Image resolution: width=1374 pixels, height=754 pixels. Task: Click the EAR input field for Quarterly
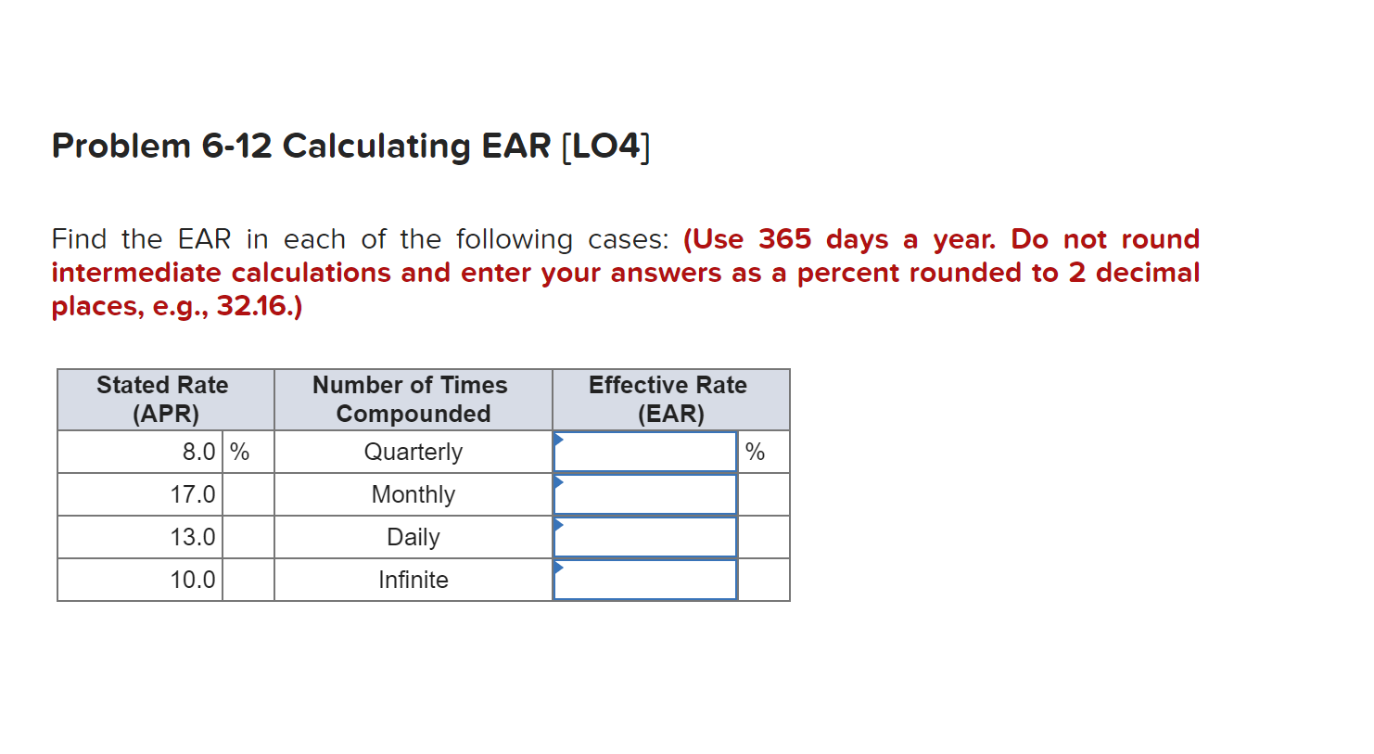[x=644, y=453]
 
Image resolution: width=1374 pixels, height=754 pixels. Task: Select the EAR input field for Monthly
[x=644, y=494]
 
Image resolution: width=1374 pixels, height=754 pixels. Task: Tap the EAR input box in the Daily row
[x=644, y=537]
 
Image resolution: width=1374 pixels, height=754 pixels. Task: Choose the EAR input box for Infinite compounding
[x=644, y=580]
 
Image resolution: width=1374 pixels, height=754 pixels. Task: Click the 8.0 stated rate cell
[x=198, y=453]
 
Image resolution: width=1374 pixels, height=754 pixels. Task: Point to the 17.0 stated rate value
[x=193, y=494]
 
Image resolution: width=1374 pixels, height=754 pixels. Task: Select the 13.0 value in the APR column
[x=193, y=537]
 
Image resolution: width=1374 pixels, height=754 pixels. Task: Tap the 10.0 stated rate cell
[x=193, y=580]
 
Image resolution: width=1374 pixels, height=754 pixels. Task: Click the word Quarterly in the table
[x=413, y=453]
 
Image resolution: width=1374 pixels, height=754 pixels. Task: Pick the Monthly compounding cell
[x=413, y=495]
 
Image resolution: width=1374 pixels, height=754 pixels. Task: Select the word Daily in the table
[x=413, y=538]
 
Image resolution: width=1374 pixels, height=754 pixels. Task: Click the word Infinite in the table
[x=413, y=580]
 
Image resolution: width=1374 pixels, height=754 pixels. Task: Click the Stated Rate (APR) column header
[x=163, y=400]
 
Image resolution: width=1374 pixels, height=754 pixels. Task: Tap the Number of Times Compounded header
[x=411, y=400]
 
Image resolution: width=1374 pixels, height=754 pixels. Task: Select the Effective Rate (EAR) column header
[x=668, y=400]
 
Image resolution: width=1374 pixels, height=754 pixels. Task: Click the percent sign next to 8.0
[x=240, y=453]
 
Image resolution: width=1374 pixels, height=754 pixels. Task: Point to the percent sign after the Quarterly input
[x=755, y=453]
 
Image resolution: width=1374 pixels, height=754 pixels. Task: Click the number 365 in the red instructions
[x=785, y=239]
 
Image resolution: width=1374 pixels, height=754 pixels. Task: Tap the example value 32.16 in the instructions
[x=251, y=305]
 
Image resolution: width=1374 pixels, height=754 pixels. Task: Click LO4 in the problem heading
[x=606, y=146]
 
